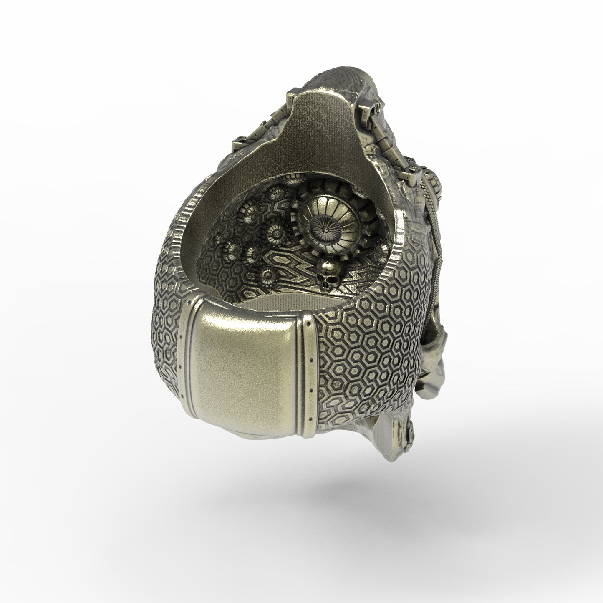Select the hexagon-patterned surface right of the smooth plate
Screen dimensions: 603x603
(x=367, y=355)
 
